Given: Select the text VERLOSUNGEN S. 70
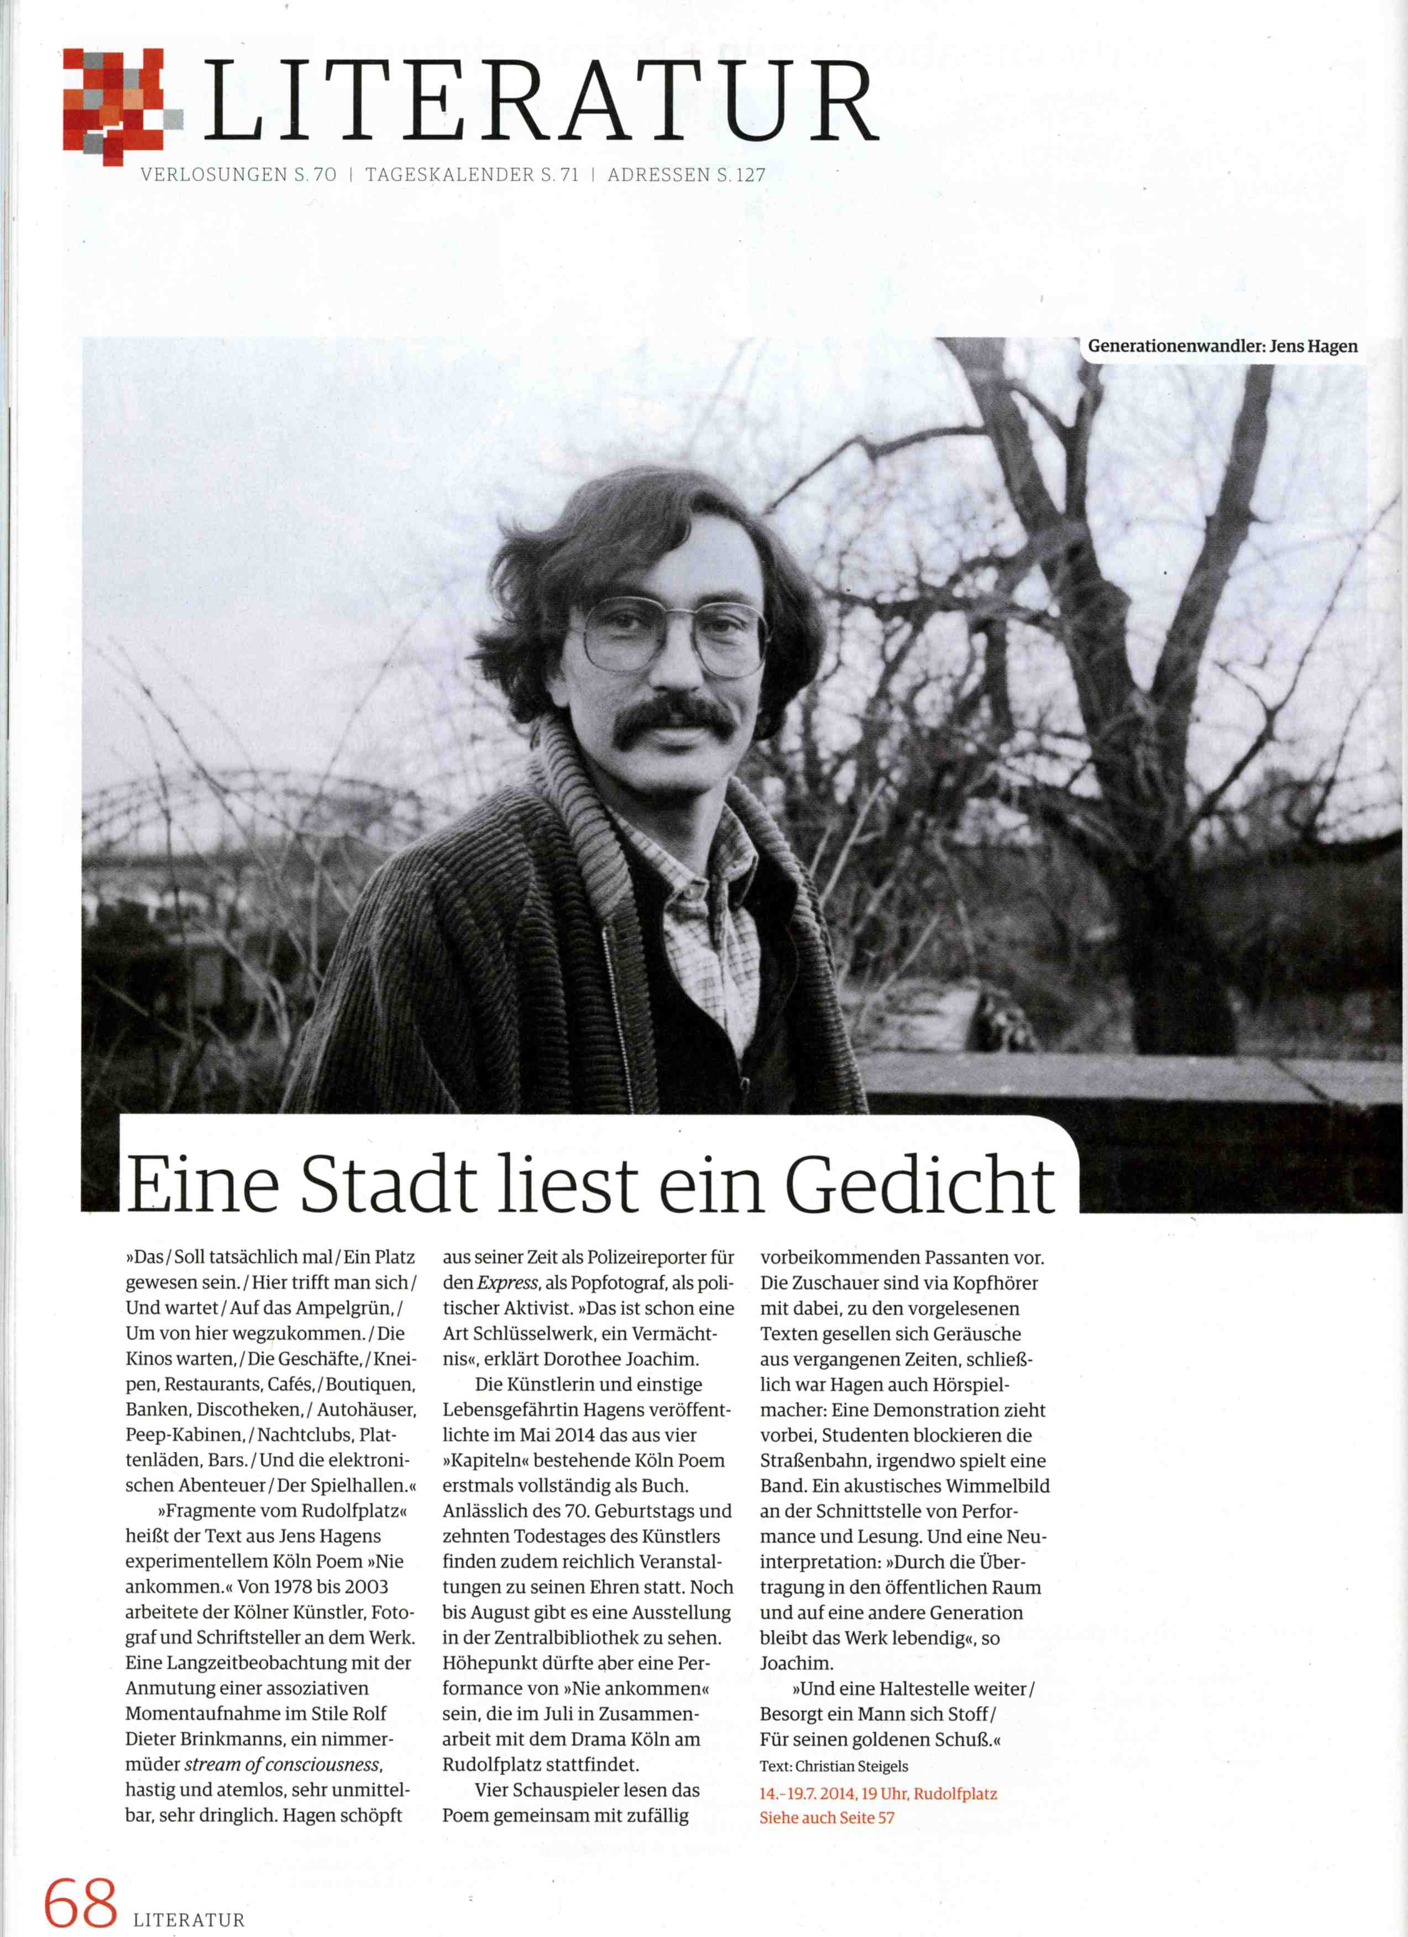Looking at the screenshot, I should (238, 175).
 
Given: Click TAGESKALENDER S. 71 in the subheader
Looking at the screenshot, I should (472, 175).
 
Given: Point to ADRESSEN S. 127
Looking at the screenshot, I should (687, 175).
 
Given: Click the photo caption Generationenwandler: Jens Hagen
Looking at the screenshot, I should (1222, 347).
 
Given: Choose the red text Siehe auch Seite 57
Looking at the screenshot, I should (826, 1818).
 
